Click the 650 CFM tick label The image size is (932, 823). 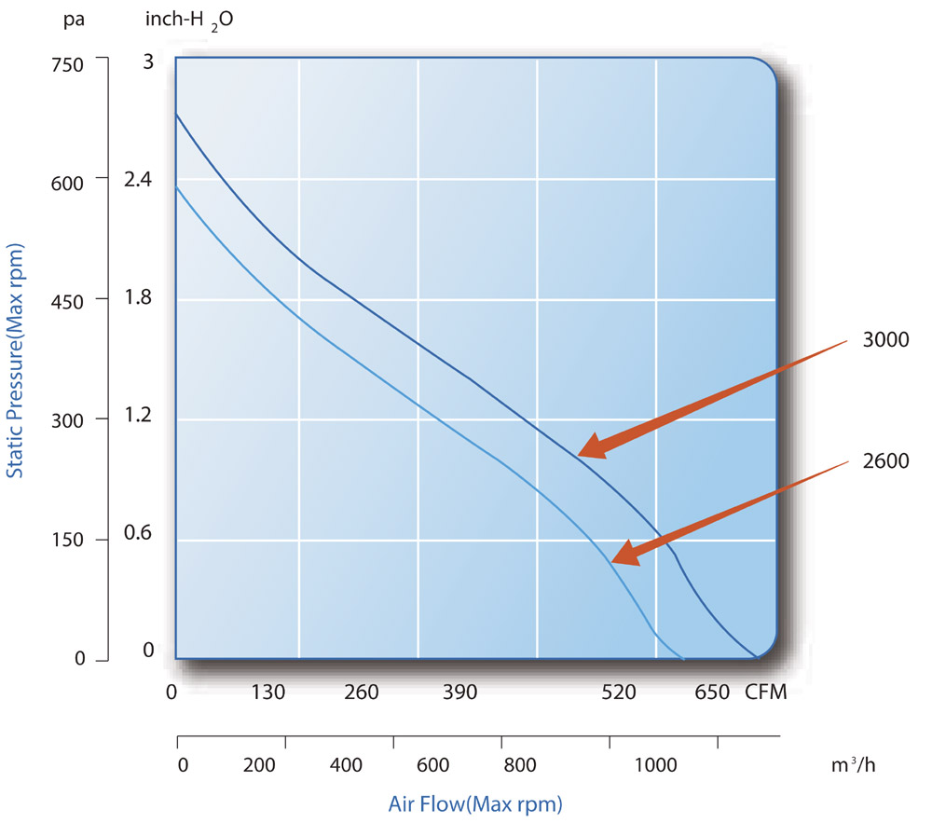coord(712,693)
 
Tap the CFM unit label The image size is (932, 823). coord(767,693)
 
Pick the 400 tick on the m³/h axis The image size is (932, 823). coord(346,766)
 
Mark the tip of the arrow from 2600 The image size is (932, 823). coord(612,563)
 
